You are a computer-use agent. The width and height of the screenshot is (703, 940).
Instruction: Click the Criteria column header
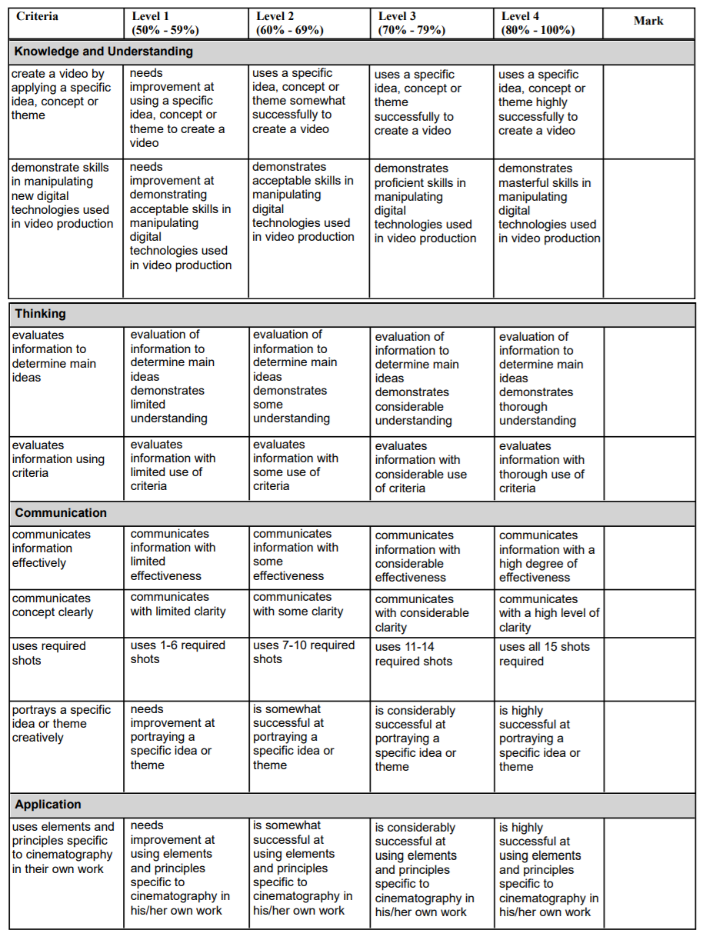tap(37, 16)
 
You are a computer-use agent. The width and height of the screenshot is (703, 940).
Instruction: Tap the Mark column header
tap(648, 21)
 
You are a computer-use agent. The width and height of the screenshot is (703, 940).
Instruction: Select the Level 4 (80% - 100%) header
tap(538, 23)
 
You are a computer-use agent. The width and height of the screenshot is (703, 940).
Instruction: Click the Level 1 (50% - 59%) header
tap(165, 23)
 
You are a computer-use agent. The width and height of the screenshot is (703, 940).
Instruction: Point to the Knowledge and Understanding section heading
tap(104, 52)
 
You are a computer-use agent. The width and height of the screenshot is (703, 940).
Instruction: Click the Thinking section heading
tap(41, 314)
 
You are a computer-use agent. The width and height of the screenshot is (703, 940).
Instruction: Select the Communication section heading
tap(61, 513)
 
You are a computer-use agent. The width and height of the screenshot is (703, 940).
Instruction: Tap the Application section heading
tap(48, 805)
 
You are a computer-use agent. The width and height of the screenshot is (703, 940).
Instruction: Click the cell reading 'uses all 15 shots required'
tap(544, 654)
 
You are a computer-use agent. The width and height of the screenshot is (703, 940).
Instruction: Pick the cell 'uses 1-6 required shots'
tap(178, 652)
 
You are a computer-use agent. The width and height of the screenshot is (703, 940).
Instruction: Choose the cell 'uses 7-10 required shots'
tap(304, 652)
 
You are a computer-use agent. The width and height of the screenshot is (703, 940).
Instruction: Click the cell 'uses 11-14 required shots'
tap(414, 654)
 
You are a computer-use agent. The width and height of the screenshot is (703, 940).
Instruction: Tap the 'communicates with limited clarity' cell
tap(178, 605)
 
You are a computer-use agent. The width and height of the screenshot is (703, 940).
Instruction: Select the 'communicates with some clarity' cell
tap(298, 605)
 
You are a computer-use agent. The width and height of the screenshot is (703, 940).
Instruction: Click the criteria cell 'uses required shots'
tap(48, 653)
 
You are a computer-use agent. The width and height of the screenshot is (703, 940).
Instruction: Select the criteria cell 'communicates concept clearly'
tap(52, 605)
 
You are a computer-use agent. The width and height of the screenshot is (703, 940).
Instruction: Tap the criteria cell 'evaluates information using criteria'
tap(58, 459)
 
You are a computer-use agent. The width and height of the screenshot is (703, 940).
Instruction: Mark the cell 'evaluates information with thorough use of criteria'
tap(541, 467)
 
